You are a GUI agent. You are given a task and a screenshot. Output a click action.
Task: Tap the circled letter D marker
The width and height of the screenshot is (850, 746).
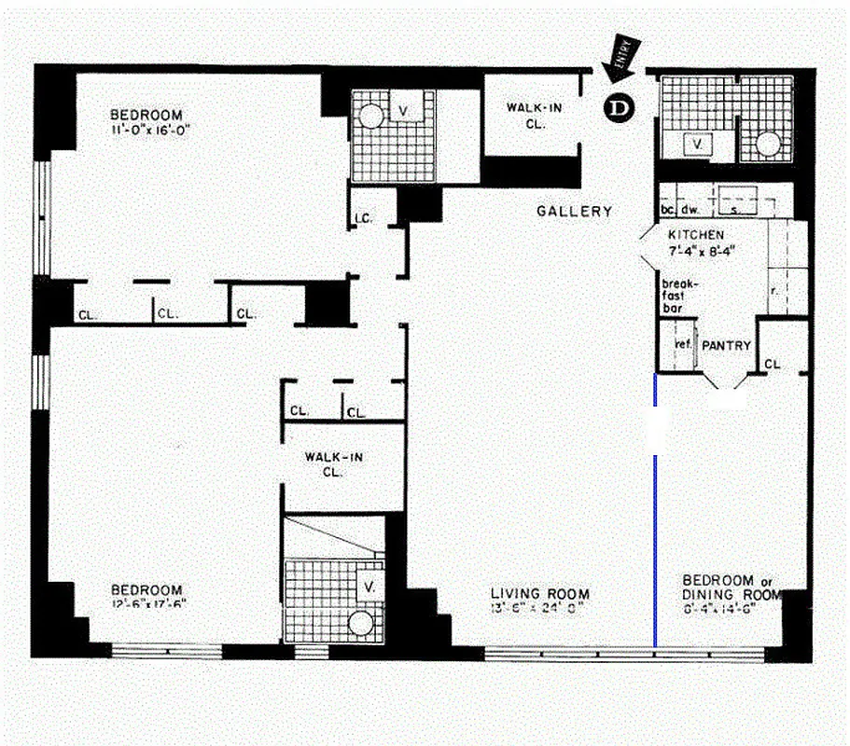617,108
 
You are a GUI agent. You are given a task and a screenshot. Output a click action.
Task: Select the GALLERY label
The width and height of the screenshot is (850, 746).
574,212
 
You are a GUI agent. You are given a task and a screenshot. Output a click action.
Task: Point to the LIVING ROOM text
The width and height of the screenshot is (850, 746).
540,594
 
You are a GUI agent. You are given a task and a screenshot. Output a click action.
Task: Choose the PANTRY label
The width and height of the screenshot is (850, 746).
726,345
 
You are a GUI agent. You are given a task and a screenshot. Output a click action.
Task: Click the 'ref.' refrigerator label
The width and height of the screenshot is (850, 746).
681,344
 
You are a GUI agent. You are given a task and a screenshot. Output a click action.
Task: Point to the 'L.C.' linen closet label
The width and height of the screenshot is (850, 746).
363,219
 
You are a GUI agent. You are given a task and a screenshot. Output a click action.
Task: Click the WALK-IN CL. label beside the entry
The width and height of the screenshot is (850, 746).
534,115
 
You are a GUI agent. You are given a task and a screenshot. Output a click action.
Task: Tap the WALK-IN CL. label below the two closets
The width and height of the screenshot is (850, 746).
333,463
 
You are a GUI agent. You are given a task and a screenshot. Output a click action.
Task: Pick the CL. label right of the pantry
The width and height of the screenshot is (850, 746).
772,364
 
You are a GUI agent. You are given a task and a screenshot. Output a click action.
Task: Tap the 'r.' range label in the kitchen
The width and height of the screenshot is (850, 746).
774,290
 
